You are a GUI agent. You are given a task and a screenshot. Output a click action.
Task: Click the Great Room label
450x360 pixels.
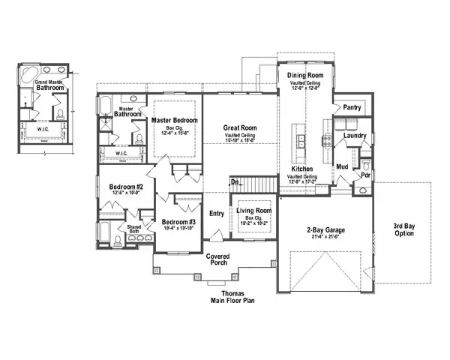(240, 128)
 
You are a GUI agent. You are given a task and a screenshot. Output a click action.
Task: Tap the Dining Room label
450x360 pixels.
(304, 76)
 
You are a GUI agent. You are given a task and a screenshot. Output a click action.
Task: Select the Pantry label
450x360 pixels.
(352, 108)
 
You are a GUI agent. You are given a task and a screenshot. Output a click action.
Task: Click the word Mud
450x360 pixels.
(340, 166)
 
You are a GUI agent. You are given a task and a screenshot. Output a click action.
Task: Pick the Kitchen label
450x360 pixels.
(302, 169)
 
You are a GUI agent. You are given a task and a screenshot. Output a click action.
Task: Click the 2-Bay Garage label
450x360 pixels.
(325, 230)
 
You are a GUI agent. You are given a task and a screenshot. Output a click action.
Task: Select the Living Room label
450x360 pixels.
(256, 212)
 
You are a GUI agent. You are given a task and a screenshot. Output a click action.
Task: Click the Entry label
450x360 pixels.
(217, 214)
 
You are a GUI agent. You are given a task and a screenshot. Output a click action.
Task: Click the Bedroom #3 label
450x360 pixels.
(178, 222)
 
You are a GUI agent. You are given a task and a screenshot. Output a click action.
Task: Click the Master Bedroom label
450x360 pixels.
(174, 120)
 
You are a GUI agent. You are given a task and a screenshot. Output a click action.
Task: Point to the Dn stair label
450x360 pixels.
(235, 182)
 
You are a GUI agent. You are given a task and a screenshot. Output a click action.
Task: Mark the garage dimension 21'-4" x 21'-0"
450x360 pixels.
(325, 238)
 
